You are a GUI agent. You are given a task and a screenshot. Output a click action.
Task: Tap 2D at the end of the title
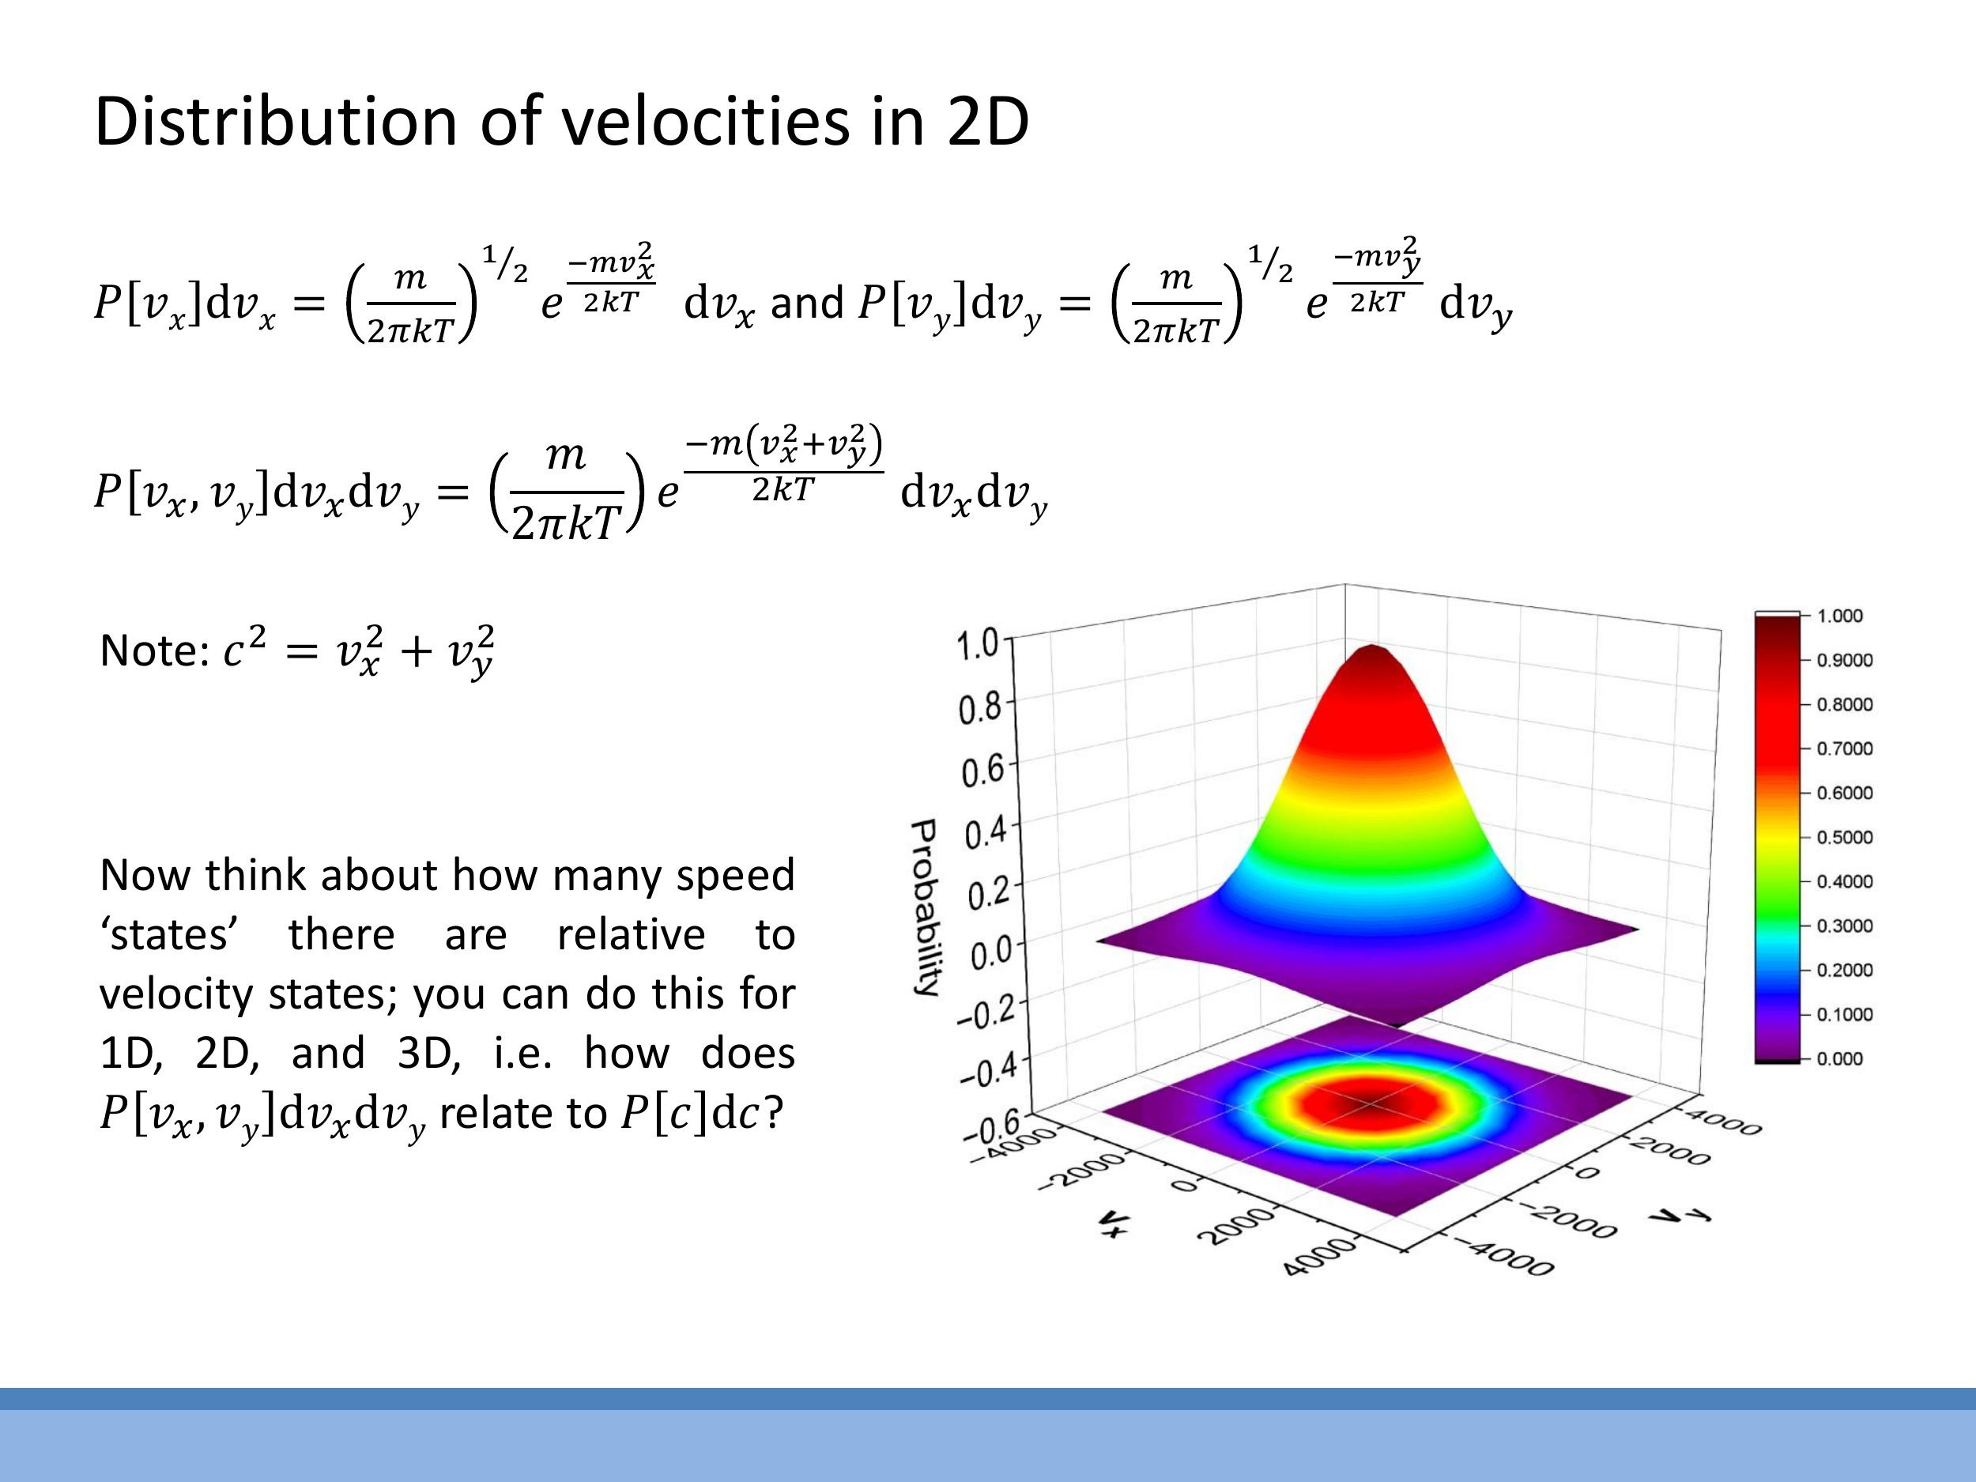click(x=987, y=122)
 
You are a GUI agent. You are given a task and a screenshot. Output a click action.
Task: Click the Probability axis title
click(x=925, y=907)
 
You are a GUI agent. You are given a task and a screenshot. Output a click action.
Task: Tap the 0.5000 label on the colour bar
click(x=1845, y=838)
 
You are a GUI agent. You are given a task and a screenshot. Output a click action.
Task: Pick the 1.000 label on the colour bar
click(x=1839, y=617)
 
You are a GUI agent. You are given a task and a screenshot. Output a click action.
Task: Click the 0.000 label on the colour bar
click(x=1839, y=1059)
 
